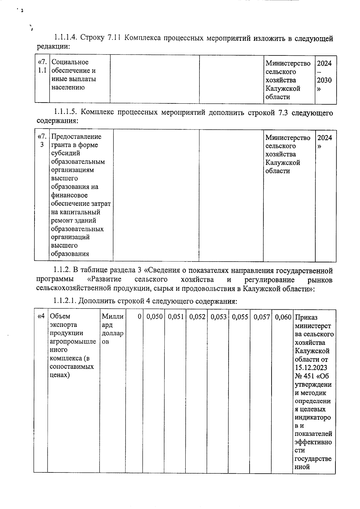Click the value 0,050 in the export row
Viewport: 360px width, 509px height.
(154, 317)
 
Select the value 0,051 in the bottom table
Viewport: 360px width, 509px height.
(176, 317)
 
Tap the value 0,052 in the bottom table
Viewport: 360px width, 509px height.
(197, 317)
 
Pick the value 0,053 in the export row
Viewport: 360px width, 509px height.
(218, 317)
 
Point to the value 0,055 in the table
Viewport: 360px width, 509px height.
(240, 317)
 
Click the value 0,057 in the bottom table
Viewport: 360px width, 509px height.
(262, 317)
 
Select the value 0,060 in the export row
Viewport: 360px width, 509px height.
(283, 317)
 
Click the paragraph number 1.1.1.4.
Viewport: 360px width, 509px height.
(66, 38)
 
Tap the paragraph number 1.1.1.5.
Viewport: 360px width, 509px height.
(66, 112)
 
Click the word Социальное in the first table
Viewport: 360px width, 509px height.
(70, 62)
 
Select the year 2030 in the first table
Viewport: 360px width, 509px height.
(324, 80)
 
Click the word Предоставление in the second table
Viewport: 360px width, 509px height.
(76, 137)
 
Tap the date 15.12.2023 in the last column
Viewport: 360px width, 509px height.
(311, 368)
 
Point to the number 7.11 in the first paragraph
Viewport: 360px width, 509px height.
(114, 38)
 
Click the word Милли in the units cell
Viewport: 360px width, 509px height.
(112, 316)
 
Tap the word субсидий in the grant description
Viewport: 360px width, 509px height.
(65, 153)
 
